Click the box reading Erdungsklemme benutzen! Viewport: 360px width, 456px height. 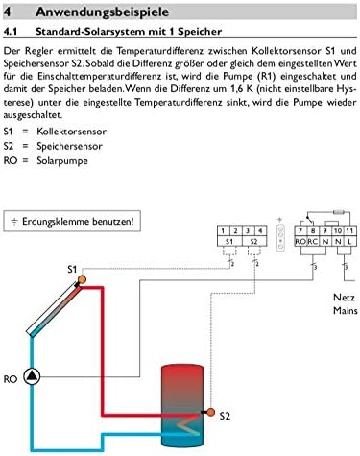coord(71,221)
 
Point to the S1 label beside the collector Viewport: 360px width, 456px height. coord(71,269)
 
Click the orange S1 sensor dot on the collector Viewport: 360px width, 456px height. coord(83,278)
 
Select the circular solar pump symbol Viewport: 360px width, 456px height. coord(33,377)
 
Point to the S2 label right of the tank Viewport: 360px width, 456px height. coord(224,416)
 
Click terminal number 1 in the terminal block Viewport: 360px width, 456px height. coord(223,231)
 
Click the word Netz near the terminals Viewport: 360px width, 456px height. coord(343,298)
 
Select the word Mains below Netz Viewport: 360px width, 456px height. coord(344,310)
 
